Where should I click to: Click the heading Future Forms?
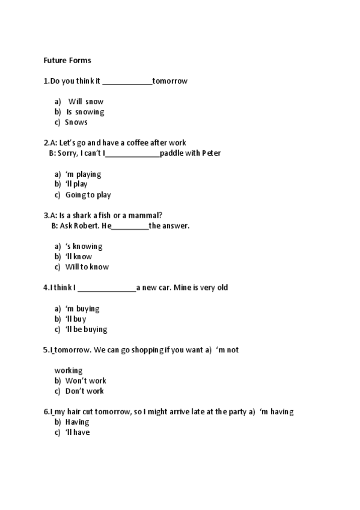pos(67,60)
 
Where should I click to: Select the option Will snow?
pos(85,102)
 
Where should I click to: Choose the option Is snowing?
pos(85,112)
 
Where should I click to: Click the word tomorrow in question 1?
pos(170,81)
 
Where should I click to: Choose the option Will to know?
pos(87,267)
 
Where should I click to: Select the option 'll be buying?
pos(86,329)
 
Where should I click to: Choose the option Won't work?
pos(85,381)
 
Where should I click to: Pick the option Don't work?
pos(84,391)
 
